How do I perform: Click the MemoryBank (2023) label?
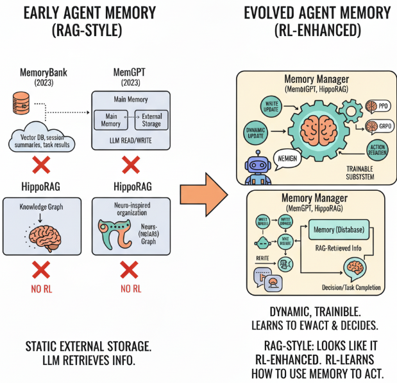tap(44, 76)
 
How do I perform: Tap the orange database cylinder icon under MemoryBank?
tap(21, 101)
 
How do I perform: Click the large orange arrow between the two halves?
tap(203, 192)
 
